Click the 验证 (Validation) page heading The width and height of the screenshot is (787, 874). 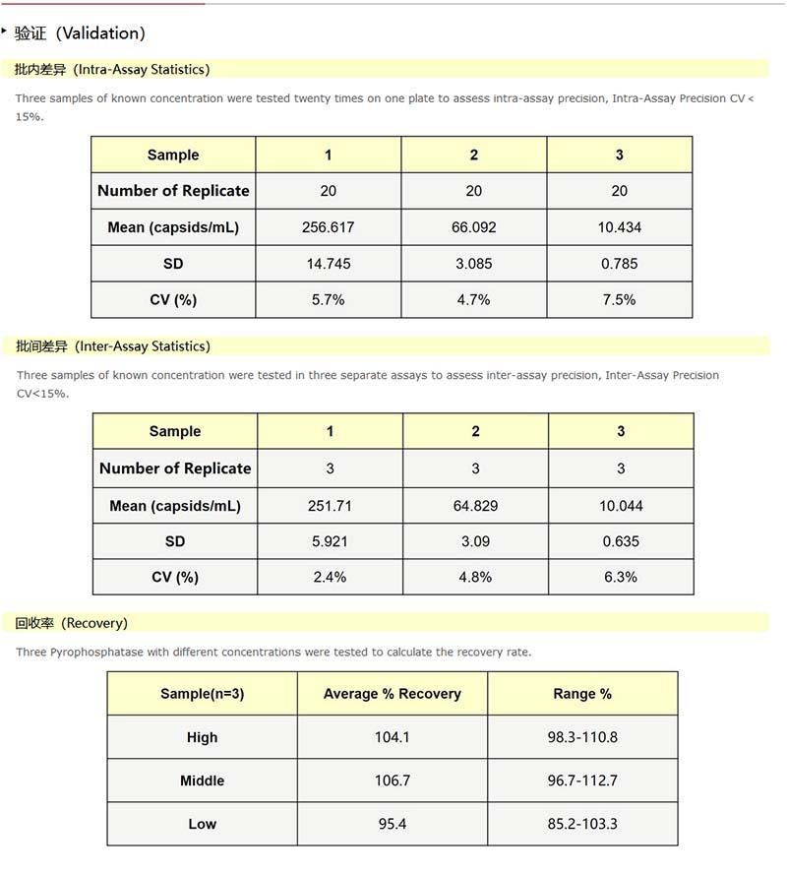[80, 33]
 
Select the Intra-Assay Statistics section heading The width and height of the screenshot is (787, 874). [112, 70]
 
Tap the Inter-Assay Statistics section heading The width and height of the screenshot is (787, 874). [112, 346]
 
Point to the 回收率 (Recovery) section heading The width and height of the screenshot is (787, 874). [72, 623]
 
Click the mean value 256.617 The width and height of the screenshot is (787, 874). [328, 227]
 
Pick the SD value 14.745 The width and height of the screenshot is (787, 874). [328, 264]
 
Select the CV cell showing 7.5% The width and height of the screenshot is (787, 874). [619, 300]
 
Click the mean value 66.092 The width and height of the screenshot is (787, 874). [473, 227]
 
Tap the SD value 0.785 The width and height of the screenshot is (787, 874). [619, 264]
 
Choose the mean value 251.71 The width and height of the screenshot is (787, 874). [330, 506]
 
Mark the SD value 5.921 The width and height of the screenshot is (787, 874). [330, 541]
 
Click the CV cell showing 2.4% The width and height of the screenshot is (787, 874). [330, 578]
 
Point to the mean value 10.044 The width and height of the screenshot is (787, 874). [621, 506]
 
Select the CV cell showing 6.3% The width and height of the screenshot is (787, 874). [621, 578]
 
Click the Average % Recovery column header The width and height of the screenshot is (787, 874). [392, 694]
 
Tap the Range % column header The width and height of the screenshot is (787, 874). [582, 694]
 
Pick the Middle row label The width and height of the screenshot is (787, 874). [202, 780]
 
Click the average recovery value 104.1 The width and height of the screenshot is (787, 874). [392, 737]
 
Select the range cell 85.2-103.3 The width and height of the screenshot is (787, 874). [582, 824]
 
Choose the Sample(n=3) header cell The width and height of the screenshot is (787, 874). [202, 694]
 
